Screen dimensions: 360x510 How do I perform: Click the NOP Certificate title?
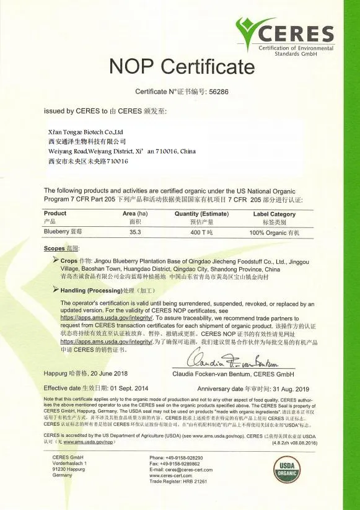pyautogui.click(x=181, y=66)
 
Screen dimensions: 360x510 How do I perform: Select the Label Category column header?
pyautogui.click(x=274, y=213)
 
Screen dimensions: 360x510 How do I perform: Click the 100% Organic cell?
pyautogui.click(x=274, y=232)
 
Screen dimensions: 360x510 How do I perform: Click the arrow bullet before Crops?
pyautogui.click(x=56, y=261)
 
